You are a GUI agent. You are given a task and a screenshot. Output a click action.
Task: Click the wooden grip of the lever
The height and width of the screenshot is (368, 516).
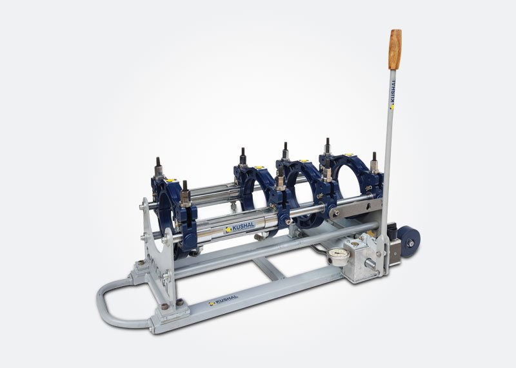point(395,50)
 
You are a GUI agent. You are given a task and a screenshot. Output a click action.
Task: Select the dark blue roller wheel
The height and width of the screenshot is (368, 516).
point(409,241)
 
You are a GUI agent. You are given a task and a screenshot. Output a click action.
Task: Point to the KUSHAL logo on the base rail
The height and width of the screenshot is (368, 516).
point(223,300)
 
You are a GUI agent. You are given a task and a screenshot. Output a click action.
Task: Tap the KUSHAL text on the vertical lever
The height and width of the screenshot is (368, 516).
point(392,95)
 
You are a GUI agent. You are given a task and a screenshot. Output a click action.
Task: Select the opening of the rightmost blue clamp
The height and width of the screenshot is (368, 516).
point(353,184)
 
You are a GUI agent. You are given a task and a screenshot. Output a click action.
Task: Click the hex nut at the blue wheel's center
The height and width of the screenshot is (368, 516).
point(410,244)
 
